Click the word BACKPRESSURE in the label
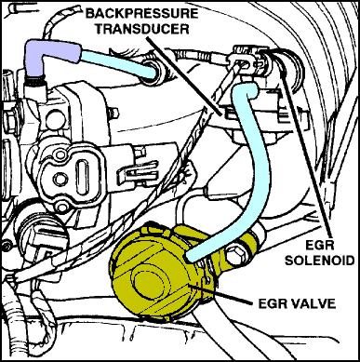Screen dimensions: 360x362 (x=142, y=14)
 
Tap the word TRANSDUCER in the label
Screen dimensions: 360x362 (x=142, y=29)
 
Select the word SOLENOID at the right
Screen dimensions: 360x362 (x=319, y=261)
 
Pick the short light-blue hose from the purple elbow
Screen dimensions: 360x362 (x=118, y=63)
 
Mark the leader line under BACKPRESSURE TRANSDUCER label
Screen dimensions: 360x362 (x=183, y=75)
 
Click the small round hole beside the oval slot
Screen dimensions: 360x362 (x=60, y=178)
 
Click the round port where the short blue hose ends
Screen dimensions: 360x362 (x=153, y=72)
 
